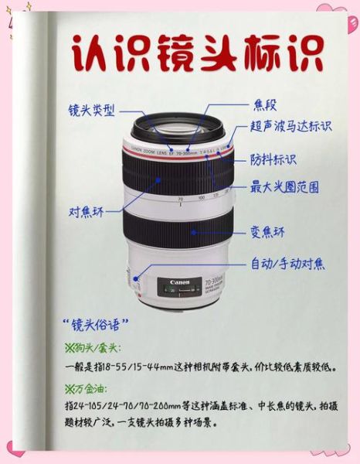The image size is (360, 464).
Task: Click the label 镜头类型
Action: (x=92, y=111)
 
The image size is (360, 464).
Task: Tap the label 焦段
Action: (x=265, y=104)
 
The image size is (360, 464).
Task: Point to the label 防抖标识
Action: (x=273, y=159)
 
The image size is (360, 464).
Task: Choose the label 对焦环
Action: (x=87, y=211)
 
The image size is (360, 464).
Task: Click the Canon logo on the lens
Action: (x=179, y=282)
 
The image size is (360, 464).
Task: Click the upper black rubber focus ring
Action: (x=179, y=178)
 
